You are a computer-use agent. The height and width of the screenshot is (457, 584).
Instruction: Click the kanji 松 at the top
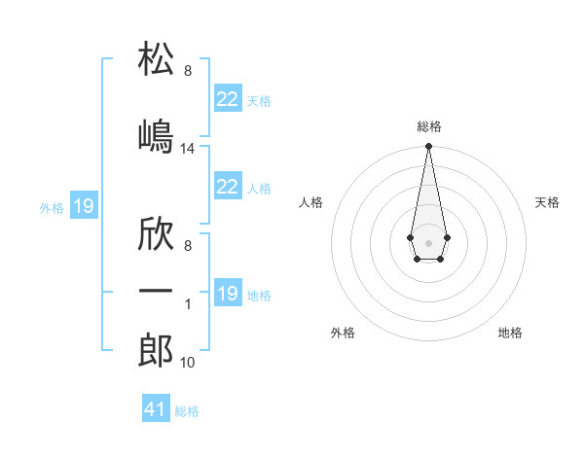[156, 59]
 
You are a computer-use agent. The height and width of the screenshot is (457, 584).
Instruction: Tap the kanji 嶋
[156, 135]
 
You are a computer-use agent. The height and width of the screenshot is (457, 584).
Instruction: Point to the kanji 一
[156, 292]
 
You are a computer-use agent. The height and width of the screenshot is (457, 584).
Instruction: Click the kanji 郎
[156, 351]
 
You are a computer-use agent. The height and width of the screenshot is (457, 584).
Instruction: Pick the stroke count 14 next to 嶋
[188, 149]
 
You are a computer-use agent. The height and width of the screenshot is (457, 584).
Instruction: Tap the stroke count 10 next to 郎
[188, 364]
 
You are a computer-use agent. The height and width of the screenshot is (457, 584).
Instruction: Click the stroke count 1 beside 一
[188, 304]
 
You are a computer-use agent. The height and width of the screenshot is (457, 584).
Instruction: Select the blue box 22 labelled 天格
[228, 99]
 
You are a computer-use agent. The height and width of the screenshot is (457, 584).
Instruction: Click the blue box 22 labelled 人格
[228, 187]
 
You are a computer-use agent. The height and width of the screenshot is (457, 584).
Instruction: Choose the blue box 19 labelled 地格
[228, 294]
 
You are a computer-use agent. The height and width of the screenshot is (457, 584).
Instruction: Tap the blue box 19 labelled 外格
[84, 206]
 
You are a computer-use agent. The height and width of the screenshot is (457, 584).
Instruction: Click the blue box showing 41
[156, 409]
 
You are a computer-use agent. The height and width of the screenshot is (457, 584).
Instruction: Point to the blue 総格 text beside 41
[187, 411]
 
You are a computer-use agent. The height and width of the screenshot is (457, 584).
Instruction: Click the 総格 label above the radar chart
[428, 127]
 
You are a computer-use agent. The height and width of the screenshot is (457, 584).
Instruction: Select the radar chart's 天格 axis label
[547, 202]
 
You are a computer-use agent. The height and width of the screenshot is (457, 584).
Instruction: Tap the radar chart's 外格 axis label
[342, 333]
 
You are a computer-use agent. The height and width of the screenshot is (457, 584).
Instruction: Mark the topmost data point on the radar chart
[428, 147]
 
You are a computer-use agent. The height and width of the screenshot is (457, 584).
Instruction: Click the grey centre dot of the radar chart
[428, 241]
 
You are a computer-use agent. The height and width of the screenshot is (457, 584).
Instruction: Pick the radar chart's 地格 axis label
[510, 333]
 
